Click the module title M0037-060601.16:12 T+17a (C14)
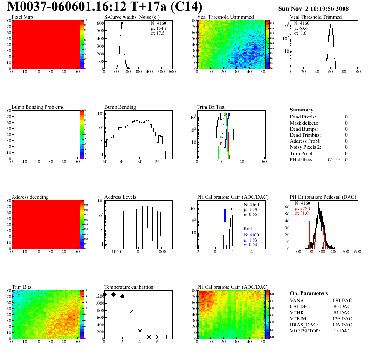coord(105,7)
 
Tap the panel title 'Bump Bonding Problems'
coord(38,107)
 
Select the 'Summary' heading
coord(302,110)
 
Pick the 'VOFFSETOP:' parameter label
coord(305,331)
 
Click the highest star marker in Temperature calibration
coord(113,294)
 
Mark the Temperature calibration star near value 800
coord(131,312)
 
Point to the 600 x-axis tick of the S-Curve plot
coord(172,72)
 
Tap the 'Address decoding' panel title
coord(30,197)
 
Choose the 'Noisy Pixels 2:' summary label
coord(307,147)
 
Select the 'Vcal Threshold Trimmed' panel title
coord(316,17)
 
